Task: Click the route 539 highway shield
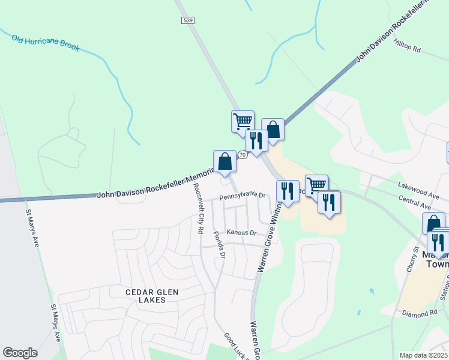click(187, 20)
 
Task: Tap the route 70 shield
click(242, 155)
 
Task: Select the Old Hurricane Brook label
click(45, 42)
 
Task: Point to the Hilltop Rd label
click(408, 45)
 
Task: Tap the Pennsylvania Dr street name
click(242, 196)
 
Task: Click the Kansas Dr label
click(241, 233)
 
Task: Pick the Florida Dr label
click(221, 247)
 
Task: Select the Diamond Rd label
click(420, 314)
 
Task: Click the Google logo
click(20, 353)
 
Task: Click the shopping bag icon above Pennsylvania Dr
click(224, 161)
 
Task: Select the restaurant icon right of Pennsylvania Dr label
click(287, 191)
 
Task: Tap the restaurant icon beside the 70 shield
click(256, 141)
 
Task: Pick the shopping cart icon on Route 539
click(243, 121)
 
